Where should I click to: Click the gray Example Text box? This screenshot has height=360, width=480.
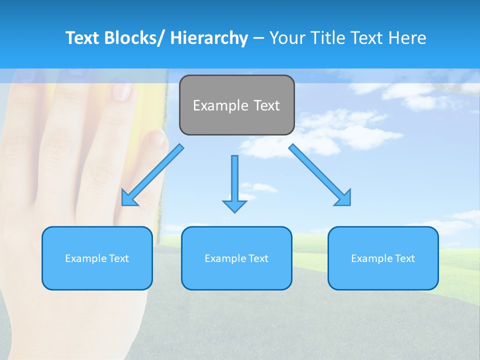click(236, 105)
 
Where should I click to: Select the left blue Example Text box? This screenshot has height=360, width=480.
click(97, 258)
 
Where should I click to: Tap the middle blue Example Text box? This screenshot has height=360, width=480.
click(236, 258)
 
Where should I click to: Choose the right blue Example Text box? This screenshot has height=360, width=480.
click(383, 258)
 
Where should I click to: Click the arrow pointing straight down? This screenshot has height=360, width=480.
click(234, 182)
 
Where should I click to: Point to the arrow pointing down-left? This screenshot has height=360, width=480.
click(152, 175)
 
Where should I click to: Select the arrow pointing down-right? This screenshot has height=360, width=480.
click(320, 175)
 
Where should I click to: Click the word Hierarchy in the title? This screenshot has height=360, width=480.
click(209, 38)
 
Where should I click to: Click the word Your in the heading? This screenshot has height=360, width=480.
click(286, 38)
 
